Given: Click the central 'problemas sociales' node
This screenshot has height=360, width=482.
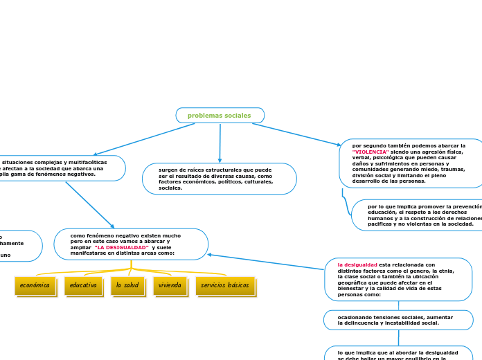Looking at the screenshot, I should pos(220,116).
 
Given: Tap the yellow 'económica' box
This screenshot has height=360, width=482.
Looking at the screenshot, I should pos(35,285).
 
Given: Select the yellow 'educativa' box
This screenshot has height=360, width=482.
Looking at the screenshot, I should pos(83,285).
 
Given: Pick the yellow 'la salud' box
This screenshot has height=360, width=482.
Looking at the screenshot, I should pos(127,285).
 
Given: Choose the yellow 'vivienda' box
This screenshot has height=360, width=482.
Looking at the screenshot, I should pos(170,285).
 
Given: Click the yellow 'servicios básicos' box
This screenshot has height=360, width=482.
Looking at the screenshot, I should pos(225,285).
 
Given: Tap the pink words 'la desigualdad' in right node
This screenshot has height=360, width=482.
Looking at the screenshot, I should pos(357,264).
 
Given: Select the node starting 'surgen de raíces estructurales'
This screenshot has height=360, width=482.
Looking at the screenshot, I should pos(219,179).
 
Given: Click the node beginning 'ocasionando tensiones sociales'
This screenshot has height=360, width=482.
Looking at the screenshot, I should pos(398,320).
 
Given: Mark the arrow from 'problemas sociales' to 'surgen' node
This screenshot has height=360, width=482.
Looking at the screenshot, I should pos(220,143).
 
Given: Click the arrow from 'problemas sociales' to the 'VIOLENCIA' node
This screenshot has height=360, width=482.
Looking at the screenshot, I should pos(296,134).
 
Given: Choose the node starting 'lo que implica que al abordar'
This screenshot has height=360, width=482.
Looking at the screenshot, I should pos(398,353).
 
